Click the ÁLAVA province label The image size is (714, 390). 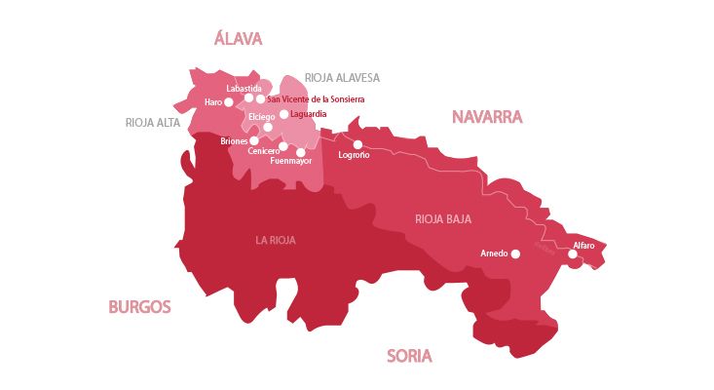pyautogui.click(x=238, y=39)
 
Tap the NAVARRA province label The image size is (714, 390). pyautogui.click(x=487, y=117)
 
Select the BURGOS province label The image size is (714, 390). pyautogui.click(x=139, y=306)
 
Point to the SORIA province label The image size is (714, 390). pyautogui.click(x=409, y=356)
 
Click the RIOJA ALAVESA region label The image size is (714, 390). pyautogui.click(x=342, y=78)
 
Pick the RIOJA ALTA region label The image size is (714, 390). pyautogui.click(x=154, y=123)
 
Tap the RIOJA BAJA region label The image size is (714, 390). pyautogui.click(x=443, y=218)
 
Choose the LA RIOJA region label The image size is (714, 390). pyautogui.click(x=276, y=240)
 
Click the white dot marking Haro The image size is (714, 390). pyautogui.click(x=229, y=101)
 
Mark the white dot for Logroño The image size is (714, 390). pyautogui.click(x=357, y=144)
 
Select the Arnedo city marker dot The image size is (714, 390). pyautogui.click(x=516, y=253)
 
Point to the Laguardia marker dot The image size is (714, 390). pyautogui.click(x=283, y=114)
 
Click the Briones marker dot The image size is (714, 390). pyautogui.click(x=254, y=140)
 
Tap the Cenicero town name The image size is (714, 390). pyautogui.click(x=264, y=151)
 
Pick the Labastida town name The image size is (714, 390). pyautogui.click(x=244, y=89)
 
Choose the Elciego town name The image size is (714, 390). pyautogui.click(x=262, y=117)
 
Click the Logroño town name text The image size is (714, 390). pyautogui.click(x=353, y=156)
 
